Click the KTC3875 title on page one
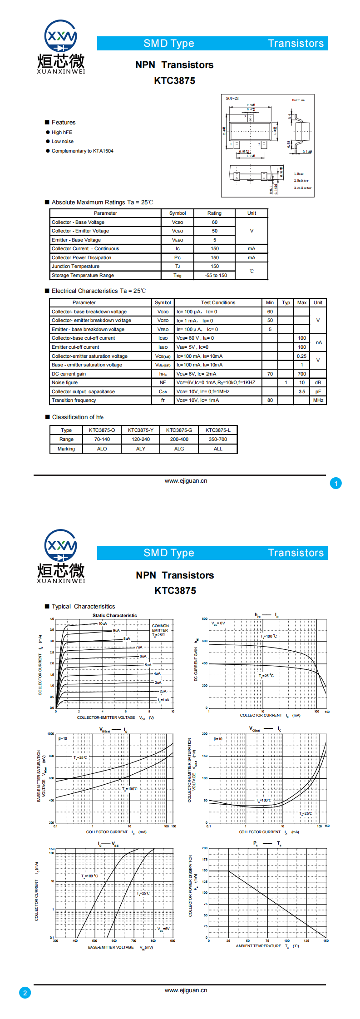pyautogui.click(x=175, y=81)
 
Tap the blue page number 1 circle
pyautogui.click(x=336, y=483)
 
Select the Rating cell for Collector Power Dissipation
pyautogui.click(x=215, y=257)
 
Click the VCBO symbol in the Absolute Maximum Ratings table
pyautogui.click(x=178, y=223)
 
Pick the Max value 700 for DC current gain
pyautogui.click(x=302, y=374)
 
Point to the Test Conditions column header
pyautogui.click(x=218, y=302)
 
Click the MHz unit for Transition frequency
pyautogui.click(x=318, y=400)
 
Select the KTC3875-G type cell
pyautogui.click(x=179, y=430)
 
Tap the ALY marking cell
pyautogui.click(x=141, y=449)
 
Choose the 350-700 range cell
pyautogui.click(x=218, y=439)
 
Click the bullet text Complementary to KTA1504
pyautogui.click(x=82, y=151)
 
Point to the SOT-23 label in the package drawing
pyautogui.click(x=232, y=99)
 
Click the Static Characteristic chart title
pyautogui.click(x=114, y=615)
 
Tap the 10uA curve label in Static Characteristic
pyautogui.click(x=103, y=623)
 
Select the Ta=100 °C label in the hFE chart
pyautogui.click(x=269, y=636)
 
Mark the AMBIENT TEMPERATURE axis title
pyautogui.click(x=259, y=946)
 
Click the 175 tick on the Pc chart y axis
pyautogui.click(x=205, y=859)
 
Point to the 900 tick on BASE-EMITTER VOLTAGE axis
pyautogui.click(x=173, y=940)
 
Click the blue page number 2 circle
pyautogui.click(x=25, y=993)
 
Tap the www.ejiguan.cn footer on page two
pyautogui.click(x=186, y=990)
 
